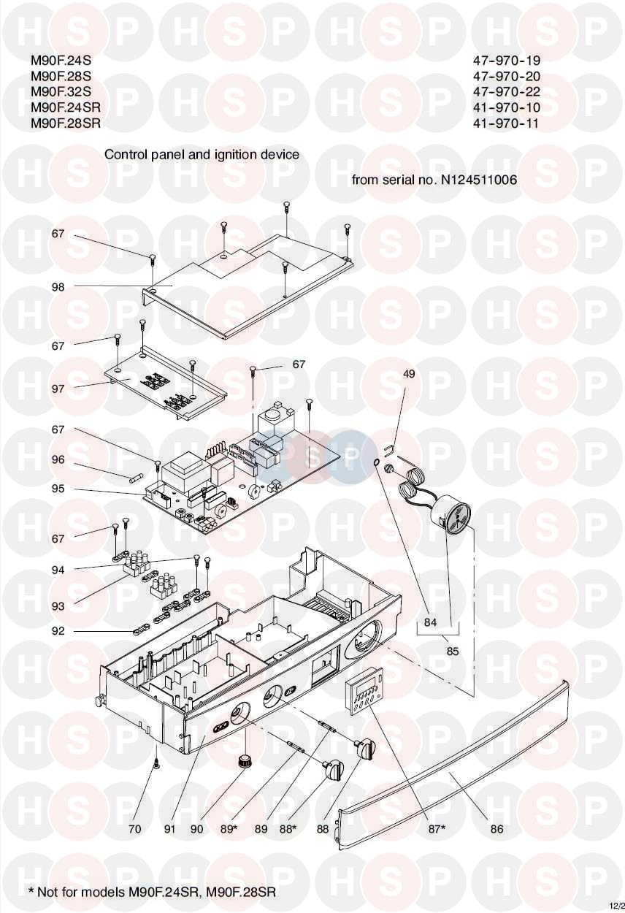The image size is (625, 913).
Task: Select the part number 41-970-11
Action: click(x=505, y=123)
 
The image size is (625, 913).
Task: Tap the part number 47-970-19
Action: click(x=506, y=60)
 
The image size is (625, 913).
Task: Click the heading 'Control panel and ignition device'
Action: click(x=202, y=155)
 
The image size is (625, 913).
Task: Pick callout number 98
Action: click(x=58, y=287)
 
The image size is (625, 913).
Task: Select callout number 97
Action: click(x=58, y=389)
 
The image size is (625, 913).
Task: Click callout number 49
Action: click(x=409, y=374)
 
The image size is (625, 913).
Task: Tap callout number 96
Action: click(x=58, y=460)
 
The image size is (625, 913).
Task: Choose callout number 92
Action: click(x=58, y=631)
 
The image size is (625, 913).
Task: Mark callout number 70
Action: click(x=134, y=829)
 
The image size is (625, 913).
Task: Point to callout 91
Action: click(x=169, y=829)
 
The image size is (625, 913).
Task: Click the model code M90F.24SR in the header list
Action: click(x=65, y=107)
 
